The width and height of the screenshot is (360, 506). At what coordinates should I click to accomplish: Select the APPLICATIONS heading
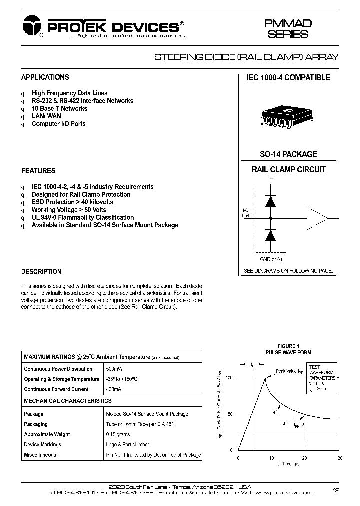coord(45,77)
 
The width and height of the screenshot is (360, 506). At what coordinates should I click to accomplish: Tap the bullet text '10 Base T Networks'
coord(59,108)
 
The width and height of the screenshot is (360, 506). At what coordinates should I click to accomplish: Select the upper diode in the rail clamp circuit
coord(271,200)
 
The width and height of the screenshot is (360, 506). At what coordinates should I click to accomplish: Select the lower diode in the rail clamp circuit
coord(271,235)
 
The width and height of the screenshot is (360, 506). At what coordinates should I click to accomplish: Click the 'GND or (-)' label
coord(271,259)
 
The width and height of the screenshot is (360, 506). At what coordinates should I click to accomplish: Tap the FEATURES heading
coord(38,171)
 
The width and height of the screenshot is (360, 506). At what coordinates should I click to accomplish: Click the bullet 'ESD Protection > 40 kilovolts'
coord(72,202)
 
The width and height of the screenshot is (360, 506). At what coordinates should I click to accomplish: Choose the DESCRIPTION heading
coord(41,272)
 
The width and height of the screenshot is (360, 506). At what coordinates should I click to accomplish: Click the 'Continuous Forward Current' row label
coord(56,389)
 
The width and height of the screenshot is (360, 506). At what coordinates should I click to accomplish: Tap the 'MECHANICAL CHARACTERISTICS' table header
coord(68,401)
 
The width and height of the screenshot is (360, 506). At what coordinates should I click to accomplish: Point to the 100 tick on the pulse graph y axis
coord(229,378)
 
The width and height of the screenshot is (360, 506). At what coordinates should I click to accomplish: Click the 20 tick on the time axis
coord(304,457)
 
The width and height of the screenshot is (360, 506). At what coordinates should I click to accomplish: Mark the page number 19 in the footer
coord(336,490)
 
